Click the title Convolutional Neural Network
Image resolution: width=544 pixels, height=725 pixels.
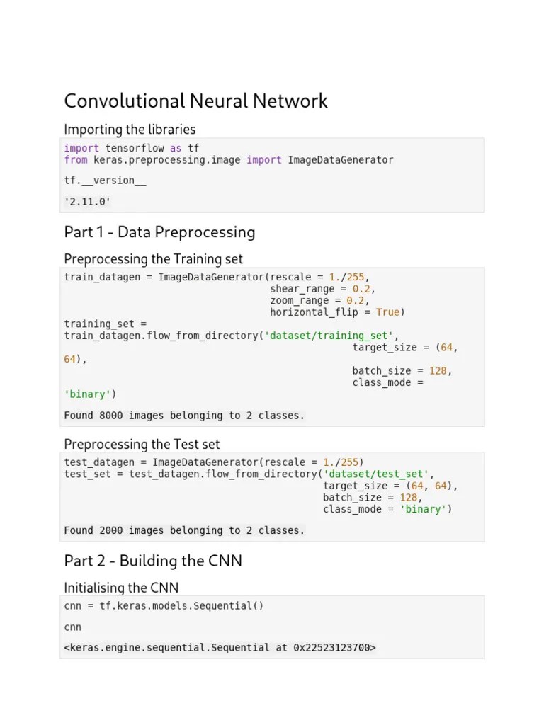pos(195,101)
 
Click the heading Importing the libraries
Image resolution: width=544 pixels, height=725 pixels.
pos(130,129)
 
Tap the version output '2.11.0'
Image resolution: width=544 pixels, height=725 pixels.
pos(88,202)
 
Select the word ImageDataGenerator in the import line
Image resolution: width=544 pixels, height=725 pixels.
pos(340,160)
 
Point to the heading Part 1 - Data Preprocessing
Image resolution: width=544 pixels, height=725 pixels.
pos(159,232)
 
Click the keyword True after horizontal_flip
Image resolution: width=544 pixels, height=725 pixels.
pos(387,312)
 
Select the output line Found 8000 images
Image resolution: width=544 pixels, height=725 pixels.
pos(184,416)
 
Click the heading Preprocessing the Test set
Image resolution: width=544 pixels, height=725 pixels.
pos(142,444)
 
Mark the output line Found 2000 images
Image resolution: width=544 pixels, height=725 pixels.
pos(184,530)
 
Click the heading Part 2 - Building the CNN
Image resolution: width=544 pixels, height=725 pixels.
pos(153,561)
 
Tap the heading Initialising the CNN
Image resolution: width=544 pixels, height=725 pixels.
pos(121,588)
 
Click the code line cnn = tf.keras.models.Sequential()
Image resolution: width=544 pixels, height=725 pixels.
pos(164,607)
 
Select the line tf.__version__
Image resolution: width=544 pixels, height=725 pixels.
pos(106,181)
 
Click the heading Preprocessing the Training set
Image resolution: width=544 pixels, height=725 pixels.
pos(153,259)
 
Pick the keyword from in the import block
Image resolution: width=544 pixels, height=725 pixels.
pos(76,160)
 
